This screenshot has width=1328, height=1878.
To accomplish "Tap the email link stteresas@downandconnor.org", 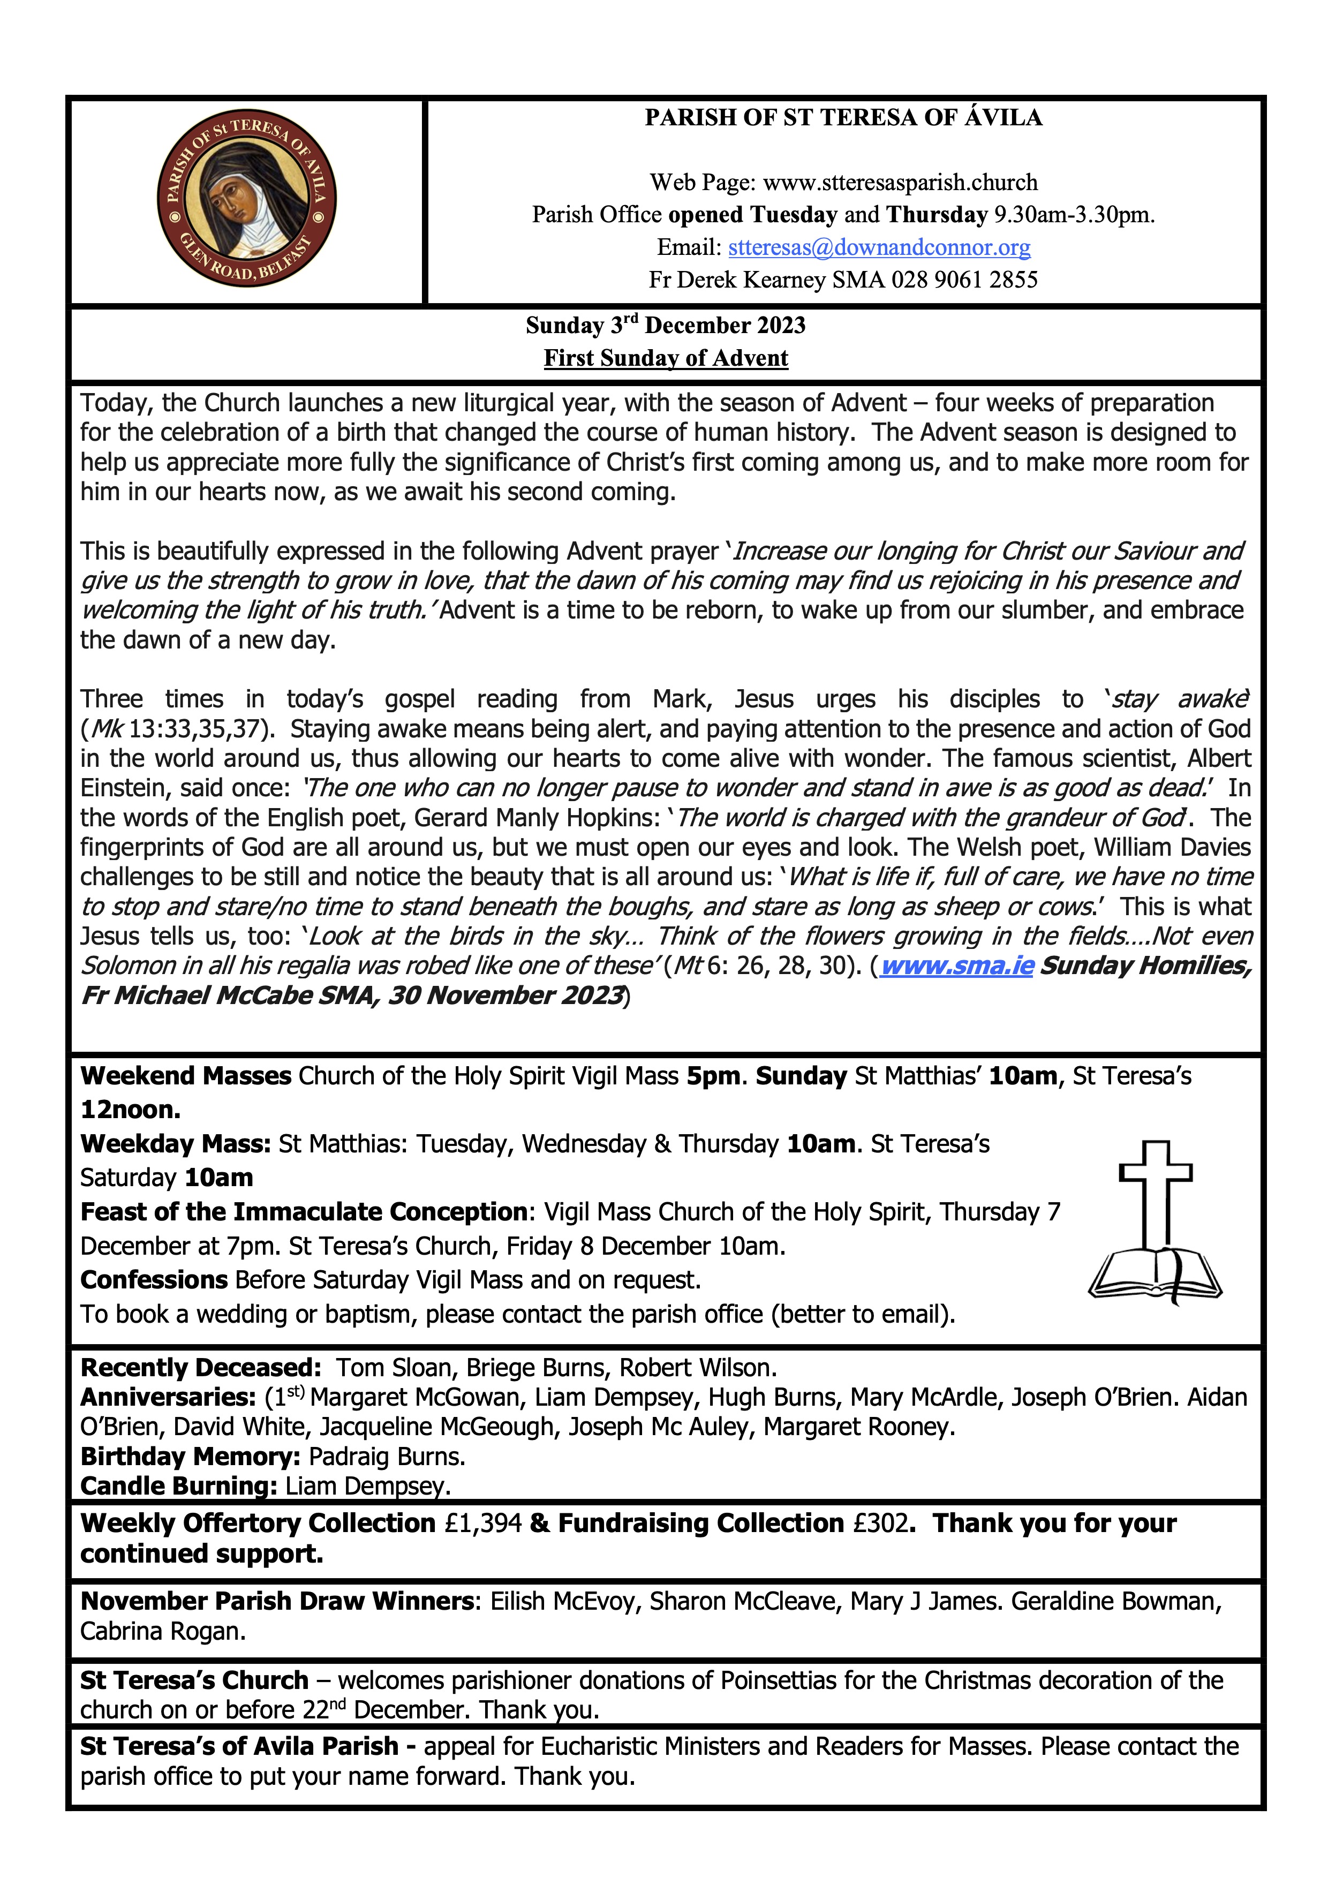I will (x=879, y=247).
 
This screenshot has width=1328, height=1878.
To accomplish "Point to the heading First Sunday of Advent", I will (x=666, y=358).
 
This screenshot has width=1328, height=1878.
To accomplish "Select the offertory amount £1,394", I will (x=484, y=1523).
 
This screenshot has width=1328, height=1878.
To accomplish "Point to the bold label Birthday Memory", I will (x=191, y=1456).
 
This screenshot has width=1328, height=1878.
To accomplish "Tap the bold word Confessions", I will (x=154, y=1279).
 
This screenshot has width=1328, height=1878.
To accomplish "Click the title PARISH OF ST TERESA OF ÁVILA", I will (x=843, y=118).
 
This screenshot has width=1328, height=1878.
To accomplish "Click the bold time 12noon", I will (x=131, y=1109).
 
